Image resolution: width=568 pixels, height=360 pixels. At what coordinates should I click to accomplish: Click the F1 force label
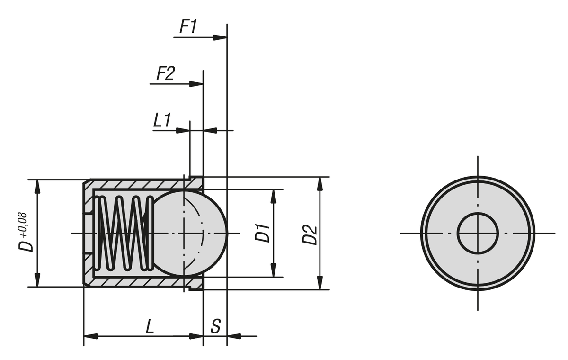click(x=188, y=27)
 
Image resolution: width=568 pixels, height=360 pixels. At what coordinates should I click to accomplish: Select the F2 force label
click(x=165, y=74)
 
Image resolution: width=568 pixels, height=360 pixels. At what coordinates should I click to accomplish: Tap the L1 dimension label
click(x=162, y=120)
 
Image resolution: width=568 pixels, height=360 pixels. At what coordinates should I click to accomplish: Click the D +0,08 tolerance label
click(x=27, y=232)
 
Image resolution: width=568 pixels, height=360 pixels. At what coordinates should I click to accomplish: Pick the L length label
click(x=150, y=327)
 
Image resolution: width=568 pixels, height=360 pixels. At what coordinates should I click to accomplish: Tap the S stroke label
click(x=215, y=327)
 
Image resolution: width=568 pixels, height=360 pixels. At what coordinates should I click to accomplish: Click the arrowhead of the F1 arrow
click(x=221, y=37)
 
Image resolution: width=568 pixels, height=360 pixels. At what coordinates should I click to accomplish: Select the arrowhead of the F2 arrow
click(x=196, y=84)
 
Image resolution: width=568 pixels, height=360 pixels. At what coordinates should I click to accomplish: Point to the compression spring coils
click(x=124, y=232)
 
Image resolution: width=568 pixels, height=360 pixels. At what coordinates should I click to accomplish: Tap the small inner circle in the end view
click(x=478, y=233)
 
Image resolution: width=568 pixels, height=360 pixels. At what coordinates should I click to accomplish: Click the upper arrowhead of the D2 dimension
click(x=320, y=183)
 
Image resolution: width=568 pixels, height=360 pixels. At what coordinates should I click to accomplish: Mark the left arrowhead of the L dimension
click(x=90, y=336)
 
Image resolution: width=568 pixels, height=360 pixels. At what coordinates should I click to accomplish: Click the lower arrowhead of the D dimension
click(x=37, y=281)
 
